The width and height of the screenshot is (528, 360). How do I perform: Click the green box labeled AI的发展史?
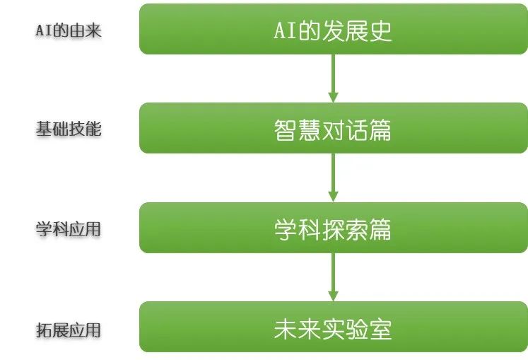(x=334, y=29)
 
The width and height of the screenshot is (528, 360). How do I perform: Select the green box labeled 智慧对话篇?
(x=334, y=128)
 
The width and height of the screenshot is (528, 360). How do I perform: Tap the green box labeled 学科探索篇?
(x=334, y=228)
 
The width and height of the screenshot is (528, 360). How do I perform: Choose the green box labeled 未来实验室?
(x=334, y=327)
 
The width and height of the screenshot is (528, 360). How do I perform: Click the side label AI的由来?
(x=69, y=30)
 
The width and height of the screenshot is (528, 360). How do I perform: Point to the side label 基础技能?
(x=69, y=129)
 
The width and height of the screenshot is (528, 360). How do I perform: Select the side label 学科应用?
(x=69, y=229)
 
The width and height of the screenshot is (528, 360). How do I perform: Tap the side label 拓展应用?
(x=69, y=330)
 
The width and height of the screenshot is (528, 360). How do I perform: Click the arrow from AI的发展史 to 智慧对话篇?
(x=333, y=79)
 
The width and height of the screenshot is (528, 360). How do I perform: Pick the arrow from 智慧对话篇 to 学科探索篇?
(x=333, y=178)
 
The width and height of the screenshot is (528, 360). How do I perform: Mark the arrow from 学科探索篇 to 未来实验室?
(x=333, y=277)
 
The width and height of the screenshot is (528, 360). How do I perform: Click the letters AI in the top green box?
(x=286, y=30)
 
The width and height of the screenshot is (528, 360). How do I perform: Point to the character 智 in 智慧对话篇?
(x=286, y=129)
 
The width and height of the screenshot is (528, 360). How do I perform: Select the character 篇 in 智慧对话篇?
(x=380, y=129)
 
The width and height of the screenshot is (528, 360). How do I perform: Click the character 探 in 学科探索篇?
(x=333, y=230)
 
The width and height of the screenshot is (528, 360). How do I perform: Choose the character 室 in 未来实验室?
(x=380, y=329)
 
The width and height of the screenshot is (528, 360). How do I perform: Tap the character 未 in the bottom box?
(x=286, y=329)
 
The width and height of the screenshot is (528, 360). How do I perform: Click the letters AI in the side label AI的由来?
(x=44, y=30)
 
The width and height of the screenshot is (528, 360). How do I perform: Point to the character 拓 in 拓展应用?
(x=44, y=330)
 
